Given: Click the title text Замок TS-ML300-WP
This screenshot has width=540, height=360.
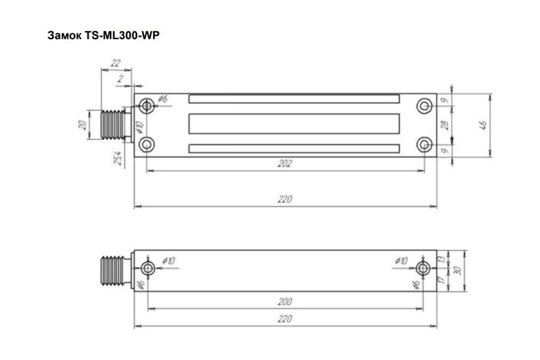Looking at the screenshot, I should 103,35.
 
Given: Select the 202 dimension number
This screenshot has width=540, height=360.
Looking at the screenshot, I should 285,164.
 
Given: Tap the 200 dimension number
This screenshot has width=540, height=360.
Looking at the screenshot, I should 285,301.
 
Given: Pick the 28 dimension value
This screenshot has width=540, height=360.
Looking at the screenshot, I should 444,125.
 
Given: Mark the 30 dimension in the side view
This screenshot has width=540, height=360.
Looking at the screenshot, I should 458,271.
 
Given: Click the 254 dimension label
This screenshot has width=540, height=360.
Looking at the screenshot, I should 119,158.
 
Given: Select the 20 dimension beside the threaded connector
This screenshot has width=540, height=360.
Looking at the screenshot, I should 82,124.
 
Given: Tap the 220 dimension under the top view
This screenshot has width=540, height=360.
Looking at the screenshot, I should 285,200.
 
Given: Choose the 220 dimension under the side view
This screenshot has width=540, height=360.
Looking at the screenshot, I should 285,319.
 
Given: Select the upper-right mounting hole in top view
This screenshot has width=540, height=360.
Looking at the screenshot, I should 424,106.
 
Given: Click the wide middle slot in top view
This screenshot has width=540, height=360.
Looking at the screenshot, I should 294,124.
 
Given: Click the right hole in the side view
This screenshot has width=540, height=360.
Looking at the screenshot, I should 424,268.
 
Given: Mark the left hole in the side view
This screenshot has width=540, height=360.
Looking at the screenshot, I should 147,268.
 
